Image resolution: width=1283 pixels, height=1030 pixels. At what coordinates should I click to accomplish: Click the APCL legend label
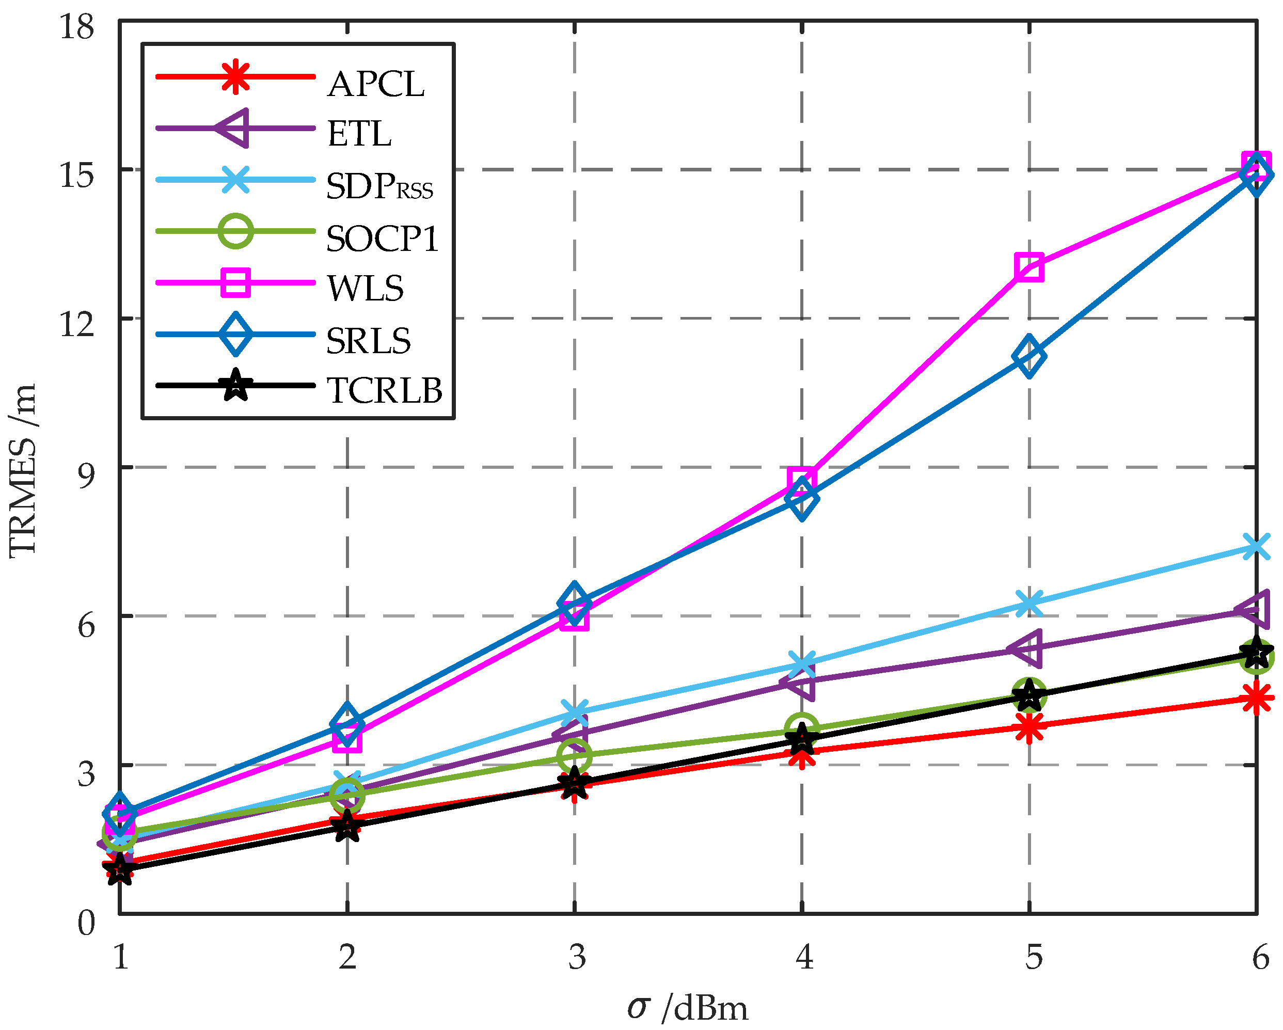(375, 84)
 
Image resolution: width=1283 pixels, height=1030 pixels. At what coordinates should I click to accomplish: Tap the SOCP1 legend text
(382, 239)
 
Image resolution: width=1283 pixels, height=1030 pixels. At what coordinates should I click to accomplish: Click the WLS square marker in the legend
(235, 282)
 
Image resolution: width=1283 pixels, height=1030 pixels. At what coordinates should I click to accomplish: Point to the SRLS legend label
(368, 340)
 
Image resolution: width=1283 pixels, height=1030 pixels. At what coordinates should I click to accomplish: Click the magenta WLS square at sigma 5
(1029, 266)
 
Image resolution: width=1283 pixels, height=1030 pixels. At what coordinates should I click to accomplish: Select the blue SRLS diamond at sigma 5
(1029, 356)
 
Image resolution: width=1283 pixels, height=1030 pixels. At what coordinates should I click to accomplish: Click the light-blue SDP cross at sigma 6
(1256, 546)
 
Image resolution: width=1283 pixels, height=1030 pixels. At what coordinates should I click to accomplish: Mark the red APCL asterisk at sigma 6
(1256, 698)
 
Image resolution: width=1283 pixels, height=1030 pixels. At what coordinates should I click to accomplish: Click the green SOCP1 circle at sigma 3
(574, 754)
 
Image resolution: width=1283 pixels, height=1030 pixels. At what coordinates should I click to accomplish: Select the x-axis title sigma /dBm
(687, 1007)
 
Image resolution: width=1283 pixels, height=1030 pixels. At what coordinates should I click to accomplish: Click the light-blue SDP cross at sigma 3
(574, 711)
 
